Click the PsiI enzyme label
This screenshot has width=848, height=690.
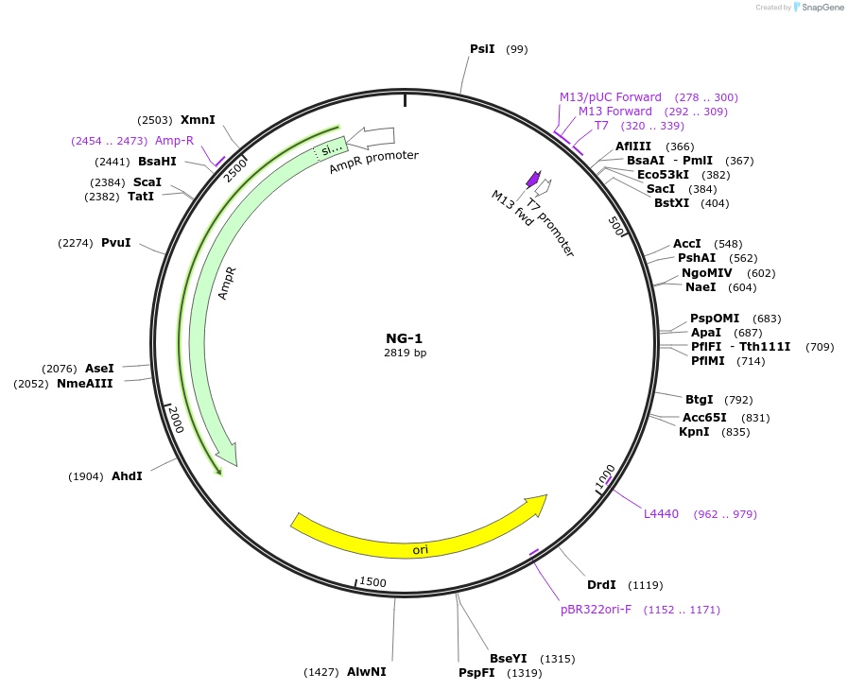[482, 48]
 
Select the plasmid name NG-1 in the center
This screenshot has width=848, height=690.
[405, 338]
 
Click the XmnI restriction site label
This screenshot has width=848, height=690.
[198, 120]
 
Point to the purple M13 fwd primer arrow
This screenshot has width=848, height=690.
[533, 179]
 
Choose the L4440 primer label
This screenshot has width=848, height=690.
[661, 514]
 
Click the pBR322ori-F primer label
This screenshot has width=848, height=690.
[597, 610]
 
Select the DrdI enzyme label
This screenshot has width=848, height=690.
[601, 585]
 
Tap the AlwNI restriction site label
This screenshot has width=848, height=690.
[366, 672]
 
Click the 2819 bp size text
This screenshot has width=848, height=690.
[405, 354]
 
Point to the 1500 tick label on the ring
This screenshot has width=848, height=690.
[373, 582]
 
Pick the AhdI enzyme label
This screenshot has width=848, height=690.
[127, 476]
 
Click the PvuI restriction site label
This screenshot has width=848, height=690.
[115, 243]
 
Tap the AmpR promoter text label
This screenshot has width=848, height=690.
[373, 162]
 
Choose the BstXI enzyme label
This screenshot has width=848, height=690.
[671, 203]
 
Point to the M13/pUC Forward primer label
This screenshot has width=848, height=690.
[611, 97]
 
